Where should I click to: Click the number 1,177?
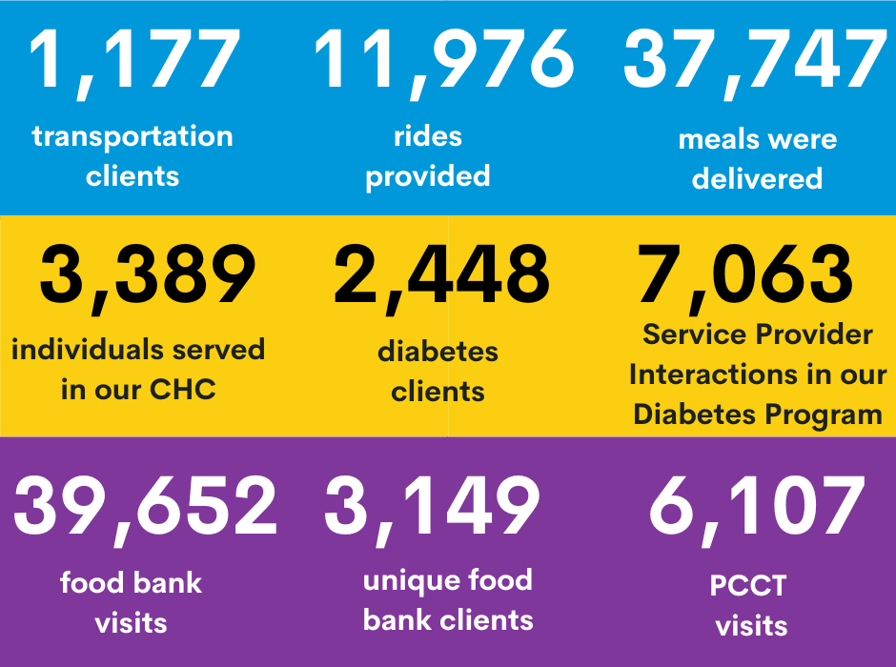coord(134,63)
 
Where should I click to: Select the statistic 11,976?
coord(443,63)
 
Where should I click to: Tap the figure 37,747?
coord(755,63)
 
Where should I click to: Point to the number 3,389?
coord(148,278)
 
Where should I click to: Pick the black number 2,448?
coord(441,278)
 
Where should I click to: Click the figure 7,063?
coord(745,278)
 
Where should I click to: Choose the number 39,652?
coord(145,510)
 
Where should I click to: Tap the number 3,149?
coord(432,510)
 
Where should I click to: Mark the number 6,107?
coord(757,510)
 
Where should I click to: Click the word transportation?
coord(132,137)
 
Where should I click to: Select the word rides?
coord(428,136)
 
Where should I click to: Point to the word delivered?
coord(757,179)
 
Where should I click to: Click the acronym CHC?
coord(183,390)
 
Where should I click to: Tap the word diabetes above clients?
coord(438,352)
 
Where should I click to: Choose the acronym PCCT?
coord(748,586)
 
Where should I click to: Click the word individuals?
coord(88,350)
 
